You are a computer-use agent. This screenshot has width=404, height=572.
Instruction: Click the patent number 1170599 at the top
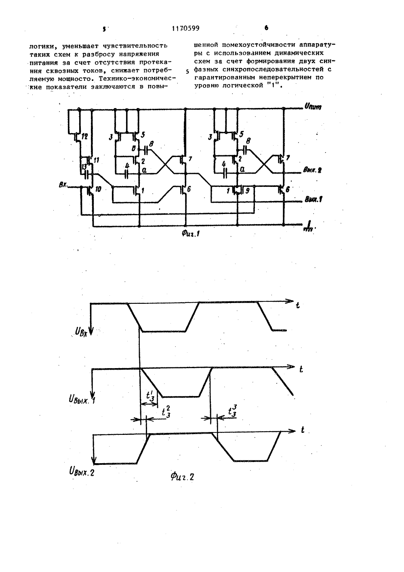pyautogui.click(x=185, y=28)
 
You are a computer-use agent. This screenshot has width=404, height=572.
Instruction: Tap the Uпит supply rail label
pyautogui.click(x=313, y=107)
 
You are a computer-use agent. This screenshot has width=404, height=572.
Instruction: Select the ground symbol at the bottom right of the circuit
pyautogui.click(x=309, y=225)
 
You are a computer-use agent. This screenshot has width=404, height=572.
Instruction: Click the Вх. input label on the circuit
pyautogui.click(x=63, y=185)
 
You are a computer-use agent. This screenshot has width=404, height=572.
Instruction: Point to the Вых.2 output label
pyautogui.click(x=312, y=170)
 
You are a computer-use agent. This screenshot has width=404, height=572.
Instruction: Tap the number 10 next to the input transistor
pyautogui.click(x=98, y=189)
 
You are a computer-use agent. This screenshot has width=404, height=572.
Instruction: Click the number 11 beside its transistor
pyautogui.click(x=97, y=161)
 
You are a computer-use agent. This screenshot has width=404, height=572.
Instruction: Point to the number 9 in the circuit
pyautogui.click(x=247, y=190)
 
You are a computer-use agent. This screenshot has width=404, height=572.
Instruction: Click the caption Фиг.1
pyautogui.click(x=190, y=233)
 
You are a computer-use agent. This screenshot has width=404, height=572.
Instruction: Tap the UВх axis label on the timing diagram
pyautogui.click(x=81, y=333)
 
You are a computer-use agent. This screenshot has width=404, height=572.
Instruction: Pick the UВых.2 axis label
pyautogui.click(x=82, y=470)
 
